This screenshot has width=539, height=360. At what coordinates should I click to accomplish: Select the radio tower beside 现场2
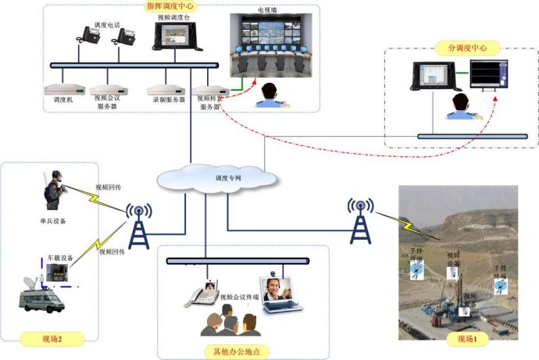[x=140, y=226]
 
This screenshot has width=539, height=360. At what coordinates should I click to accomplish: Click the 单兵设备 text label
[x=52, y=221]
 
